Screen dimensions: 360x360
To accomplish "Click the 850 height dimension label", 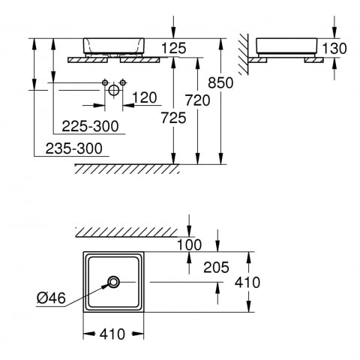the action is click(x=220, y=82).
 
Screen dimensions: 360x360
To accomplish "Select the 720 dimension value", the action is click(x=197, y=100).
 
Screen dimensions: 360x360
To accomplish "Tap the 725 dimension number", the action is click(x=173, y=118).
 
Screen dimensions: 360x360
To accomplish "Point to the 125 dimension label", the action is click(x=174, y=48).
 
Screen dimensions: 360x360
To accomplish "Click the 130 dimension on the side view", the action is click(x=334, y=48).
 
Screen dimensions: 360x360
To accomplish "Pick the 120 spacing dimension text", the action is click(x=145, y=97).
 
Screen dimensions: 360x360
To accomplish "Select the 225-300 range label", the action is click(x=90, y=126).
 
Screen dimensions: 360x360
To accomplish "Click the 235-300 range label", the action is click(x=74, y=148).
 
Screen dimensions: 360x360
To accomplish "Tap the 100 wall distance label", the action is click(x=189, y=244).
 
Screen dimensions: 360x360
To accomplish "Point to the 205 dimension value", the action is click(x=216, y=267).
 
